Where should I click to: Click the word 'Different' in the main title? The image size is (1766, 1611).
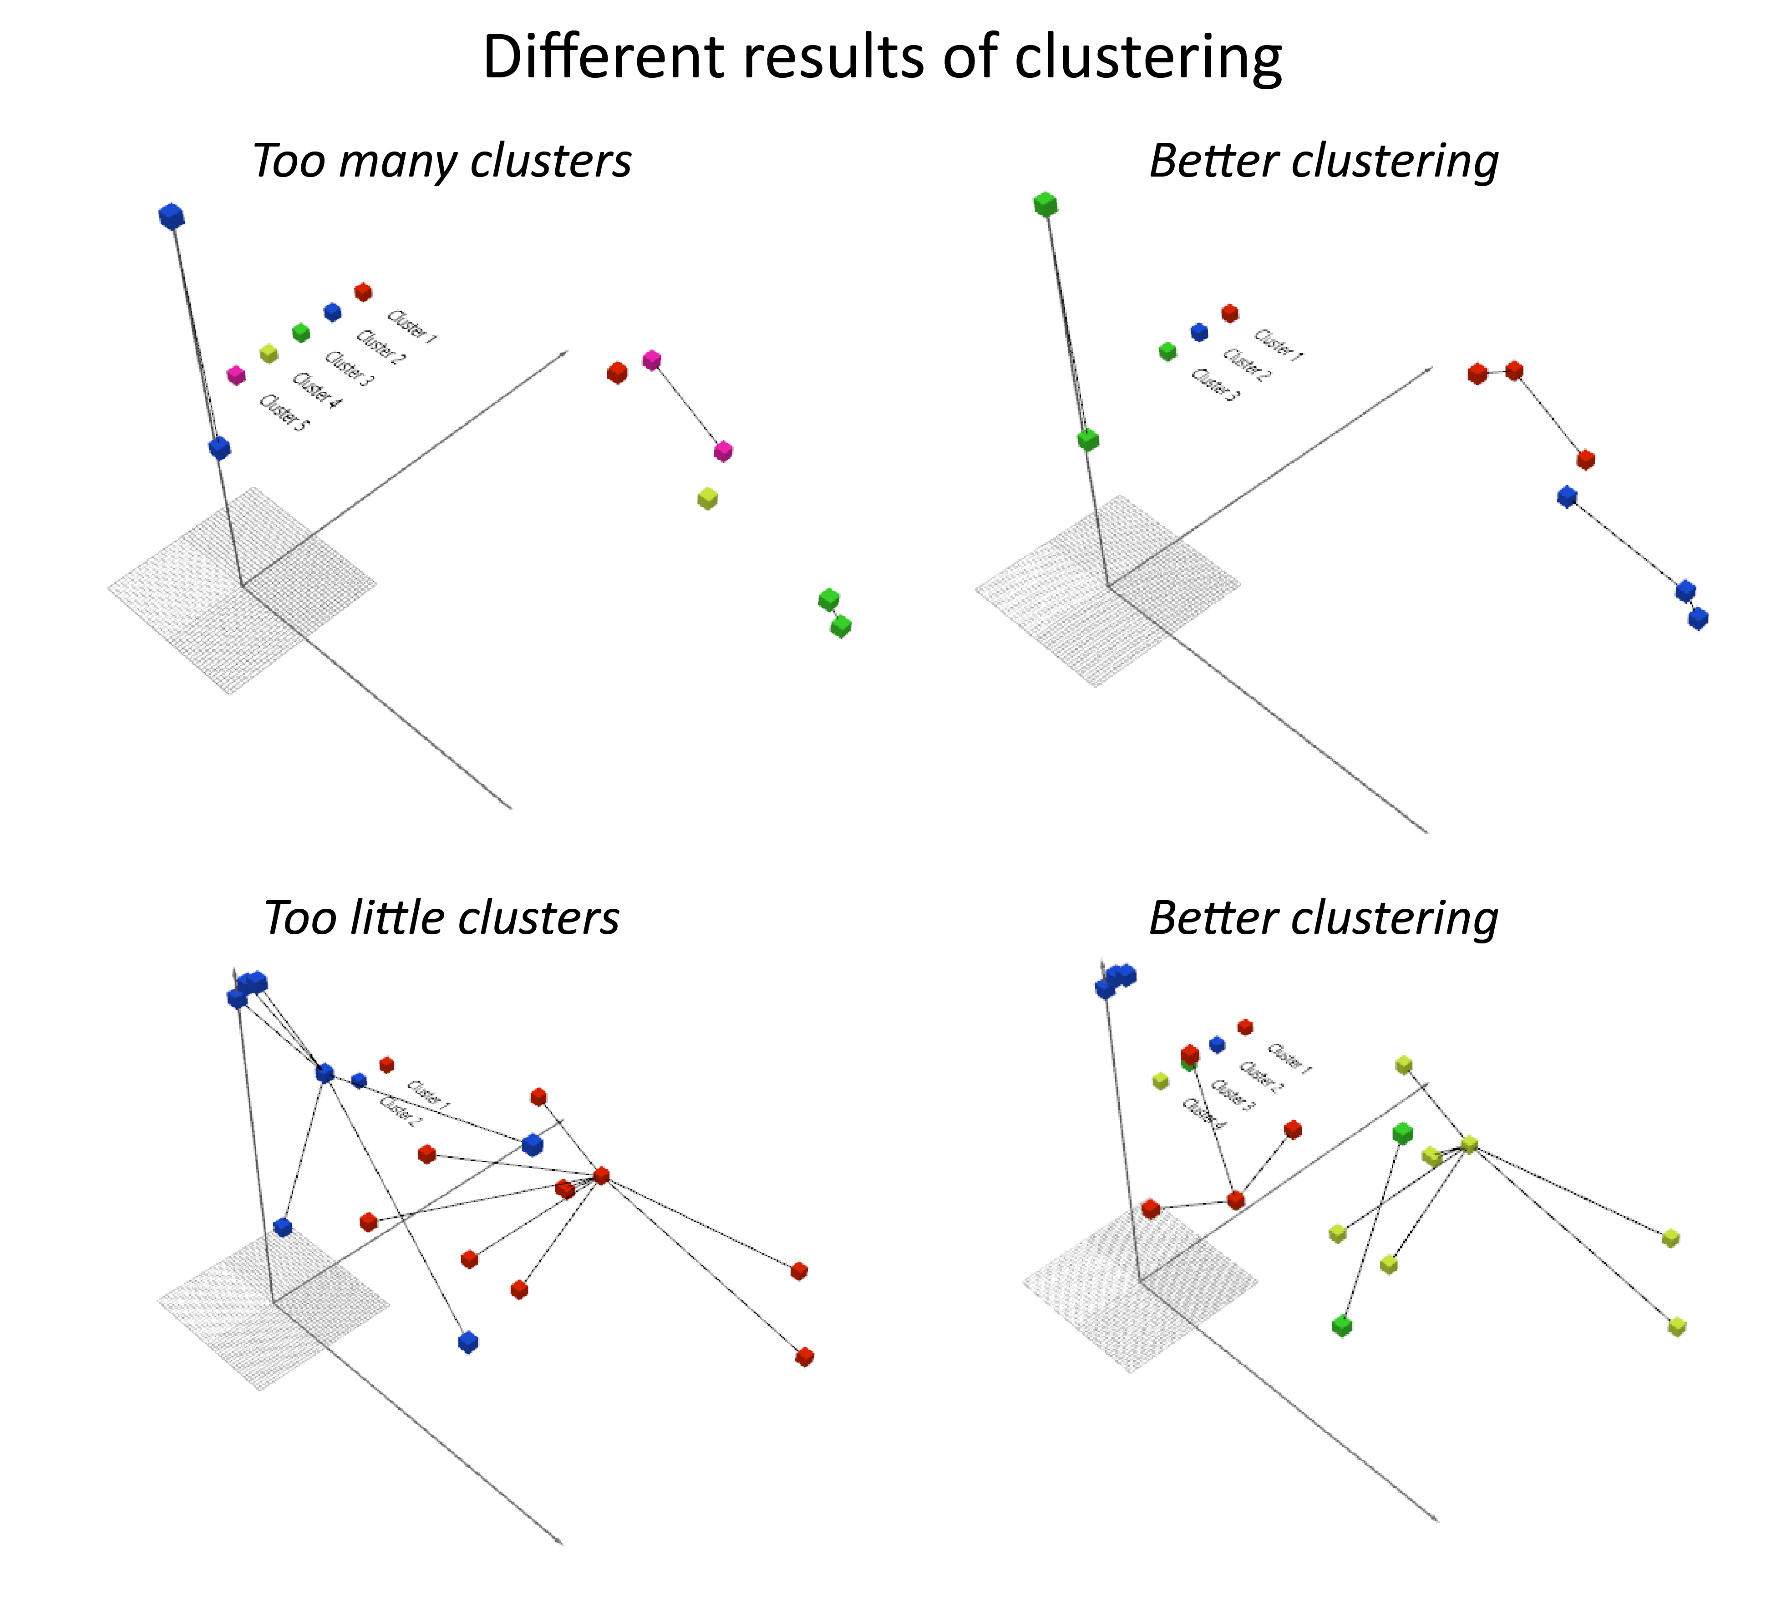coord(604,58)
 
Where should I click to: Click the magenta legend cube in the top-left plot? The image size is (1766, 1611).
coord(236,375)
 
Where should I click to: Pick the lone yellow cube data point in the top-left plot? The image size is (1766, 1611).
coord(707,498)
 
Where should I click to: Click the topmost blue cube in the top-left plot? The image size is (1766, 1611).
coord(172,216)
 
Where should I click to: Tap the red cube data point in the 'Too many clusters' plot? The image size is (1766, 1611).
coord(617,372)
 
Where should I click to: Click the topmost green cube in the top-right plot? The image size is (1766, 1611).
coord(1045,205)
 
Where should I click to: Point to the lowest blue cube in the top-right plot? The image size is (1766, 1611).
coord(1698,618)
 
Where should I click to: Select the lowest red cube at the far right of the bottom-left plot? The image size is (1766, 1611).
coord(804,1357)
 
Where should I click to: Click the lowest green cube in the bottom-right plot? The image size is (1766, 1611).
coord(1341,1325)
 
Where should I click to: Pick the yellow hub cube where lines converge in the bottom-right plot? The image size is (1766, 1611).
coord(1469,1144)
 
